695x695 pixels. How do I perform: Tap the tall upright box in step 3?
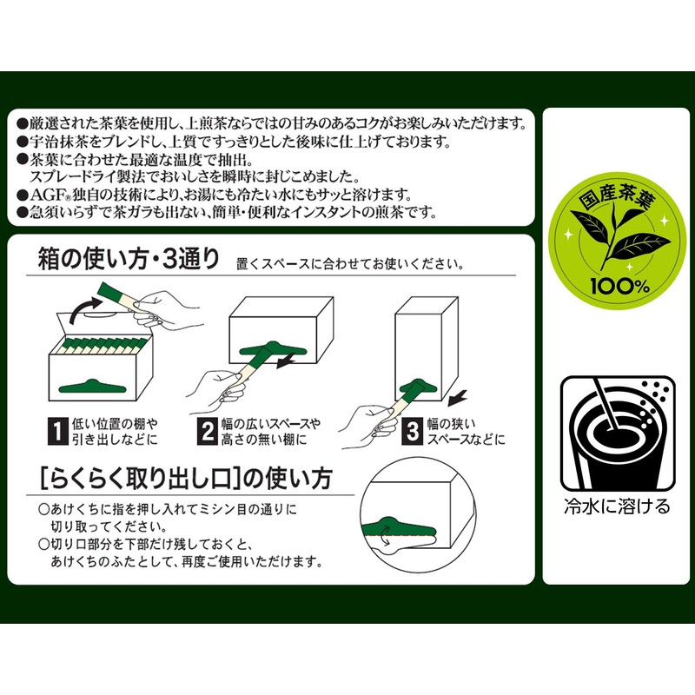[x=427, y=347]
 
